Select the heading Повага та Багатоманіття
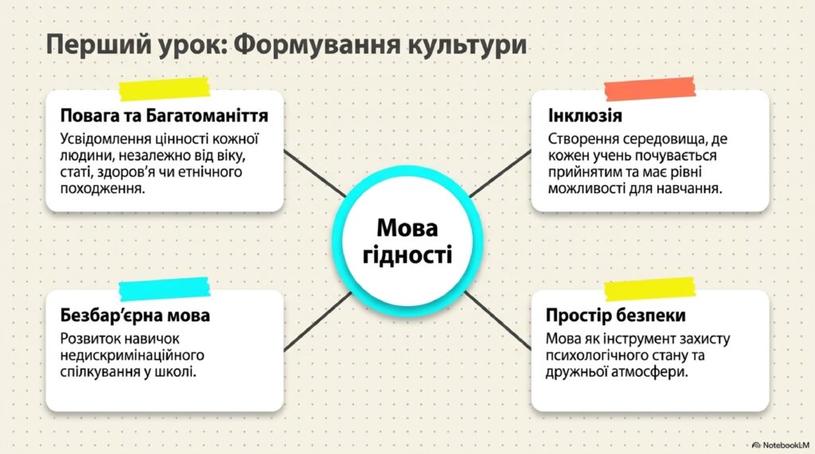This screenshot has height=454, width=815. tap(164, 115)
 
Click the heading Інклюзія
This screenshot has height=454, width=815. tap(585, 115)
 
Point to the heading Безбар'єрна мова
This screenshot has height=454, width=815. tap(135, 315)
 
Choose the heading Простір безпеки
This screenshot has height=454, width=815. tap(615, 315)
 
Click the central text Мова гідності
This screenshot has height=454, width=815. tap(407, 241)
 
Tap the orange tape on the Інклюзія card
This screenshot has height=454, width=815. tap(649, 89)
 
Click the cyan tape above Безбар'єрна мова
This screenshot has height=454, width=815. tap(164, 289)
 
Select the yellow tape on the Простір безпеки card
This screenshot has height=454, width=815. tap(649, 289)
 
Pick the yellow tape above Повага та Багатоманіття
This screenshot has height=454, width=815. tap(164, 89)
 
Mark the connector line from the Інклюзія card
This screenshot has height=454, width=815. tap(500, 174)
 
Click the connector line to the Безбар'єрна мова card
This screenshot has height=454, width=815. tap(318, 322)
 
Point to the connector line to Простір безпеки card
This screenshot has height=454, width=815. tap(497, 320)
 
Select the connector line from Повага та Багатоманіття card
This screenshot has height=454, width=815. tap(315, 174)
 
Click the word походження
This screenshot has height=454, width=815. tap(103, 188)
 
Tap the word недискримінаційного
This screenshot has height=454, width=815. tap(132, 355)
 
